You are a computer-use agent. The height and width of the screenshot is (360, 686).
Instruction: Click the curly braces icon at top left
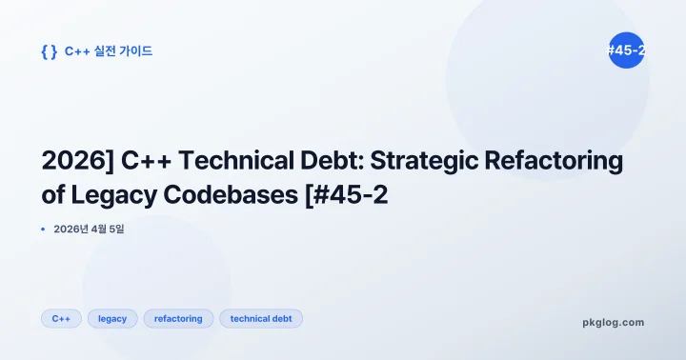(x=49, y=51)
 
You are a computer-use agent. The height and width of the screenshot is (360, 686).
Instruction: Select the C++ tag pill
(x=61, y=318)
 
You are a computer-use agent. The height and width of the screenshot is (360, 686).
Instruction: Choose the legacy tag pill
(x=112, y=318)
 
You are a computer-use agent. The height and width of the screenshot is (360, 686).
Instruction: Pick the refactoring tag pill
(x=179, y=318)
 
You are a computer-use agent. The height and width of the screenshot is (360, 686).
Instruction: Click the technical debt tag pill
(x=261, y=318)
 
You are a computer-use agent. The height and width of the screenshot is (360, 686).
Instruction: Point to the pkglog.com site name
(x=613, y=322)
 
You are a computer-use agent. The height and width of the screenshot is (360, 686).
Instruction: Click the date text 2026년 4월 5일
(x=90, y=229)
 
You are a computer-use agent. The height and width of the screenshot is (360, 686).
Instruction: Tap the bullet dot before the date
(x=44, y=229)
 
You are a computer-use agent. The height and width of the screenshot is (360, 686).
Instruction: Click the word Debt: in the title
(x=311, y=161)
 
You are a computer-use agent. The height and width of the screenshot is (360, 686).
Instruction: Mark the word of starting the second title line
(x=52, y=195)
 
